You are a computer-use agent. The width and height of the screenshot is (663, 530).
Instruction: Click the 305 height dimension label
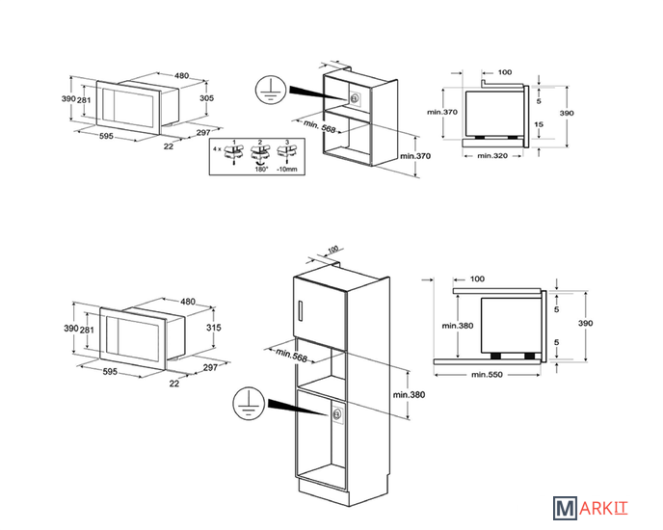207,98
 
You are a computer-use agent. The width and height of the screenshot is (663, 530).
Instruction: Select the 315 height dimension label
214,328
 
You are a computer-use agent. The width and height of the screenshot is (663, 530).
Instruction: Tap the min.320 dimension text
492,156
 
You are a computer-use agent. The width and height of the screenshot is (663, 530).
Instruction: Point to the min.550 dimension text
487,374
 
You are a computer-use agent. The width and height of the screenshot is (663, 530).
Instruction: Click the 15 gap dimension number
539,124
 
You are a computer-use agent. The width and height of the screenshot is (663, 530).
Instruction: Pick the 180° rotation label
261,170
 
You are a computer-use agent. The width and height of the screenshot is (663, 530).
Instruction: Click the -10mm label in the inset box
287,170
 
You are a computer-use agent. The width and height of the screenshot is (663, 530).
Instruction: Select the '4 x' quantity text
217,149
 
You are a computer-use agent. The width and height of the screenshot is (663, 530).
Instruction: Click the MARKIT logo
591,508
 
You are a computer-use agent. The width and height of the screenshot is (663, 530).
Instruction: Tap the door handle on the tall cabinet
300,312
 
